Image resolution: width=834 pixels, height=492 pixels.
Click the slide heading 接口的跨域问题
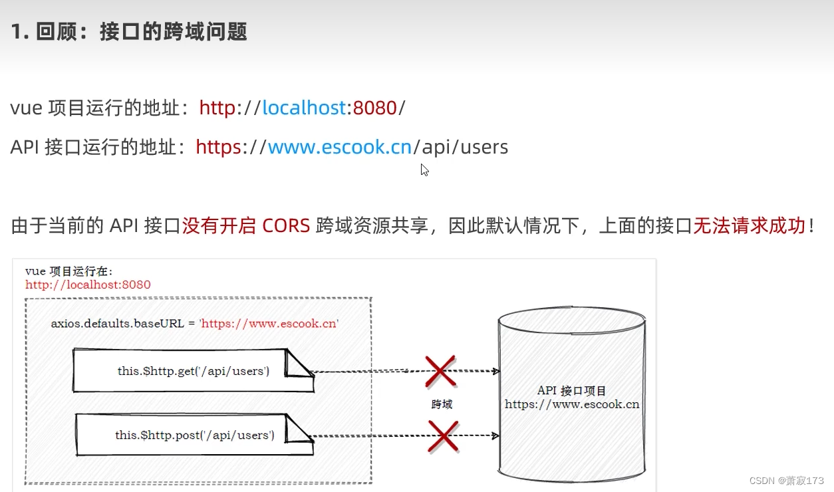coord(173,31)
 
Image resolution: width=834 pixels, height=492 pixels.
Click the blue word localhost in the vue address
coord(304,108)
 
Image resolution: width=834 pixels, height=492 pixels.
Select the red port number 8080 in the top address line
coord(375,108)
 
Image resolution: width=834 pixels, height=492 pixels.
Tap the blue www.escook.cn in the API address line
coord(340,147)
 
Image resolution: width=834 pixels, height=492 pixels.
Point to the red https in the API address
coord(218,147)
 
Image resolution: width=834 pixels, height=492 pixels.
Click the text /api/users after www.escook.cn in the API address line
coord(461,147)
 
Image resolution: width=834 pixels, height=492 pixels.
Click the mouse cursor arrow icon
coord(424,170)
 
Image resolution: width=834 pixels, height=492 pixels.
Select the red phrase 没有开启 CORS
coord(246,226)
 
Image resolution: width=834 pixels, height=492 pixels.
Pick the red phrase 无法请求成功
coord(749,226)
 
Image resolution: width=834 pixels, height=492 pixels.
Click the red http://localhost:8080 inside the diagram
coord(88,285)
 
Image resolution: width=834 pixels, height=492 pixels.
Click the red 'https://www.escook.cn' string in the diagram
coord(269,324)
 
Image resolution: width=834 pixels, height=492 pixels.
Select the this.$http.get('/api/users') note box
coord(193,371)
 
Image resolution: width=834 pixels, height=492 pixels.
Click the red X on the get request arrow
coord(440,371)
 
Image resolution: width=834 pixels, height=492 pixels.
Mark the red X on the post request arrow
coord(443,436)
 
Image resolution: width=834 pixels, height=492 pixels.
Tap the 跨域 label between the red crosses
coord(442,404)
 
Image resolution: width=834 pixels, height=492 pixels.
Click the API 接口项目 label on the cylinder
coord(571,391)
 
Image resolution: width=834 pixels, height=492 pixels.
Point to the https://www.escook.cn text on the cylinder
coord(572,404)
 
